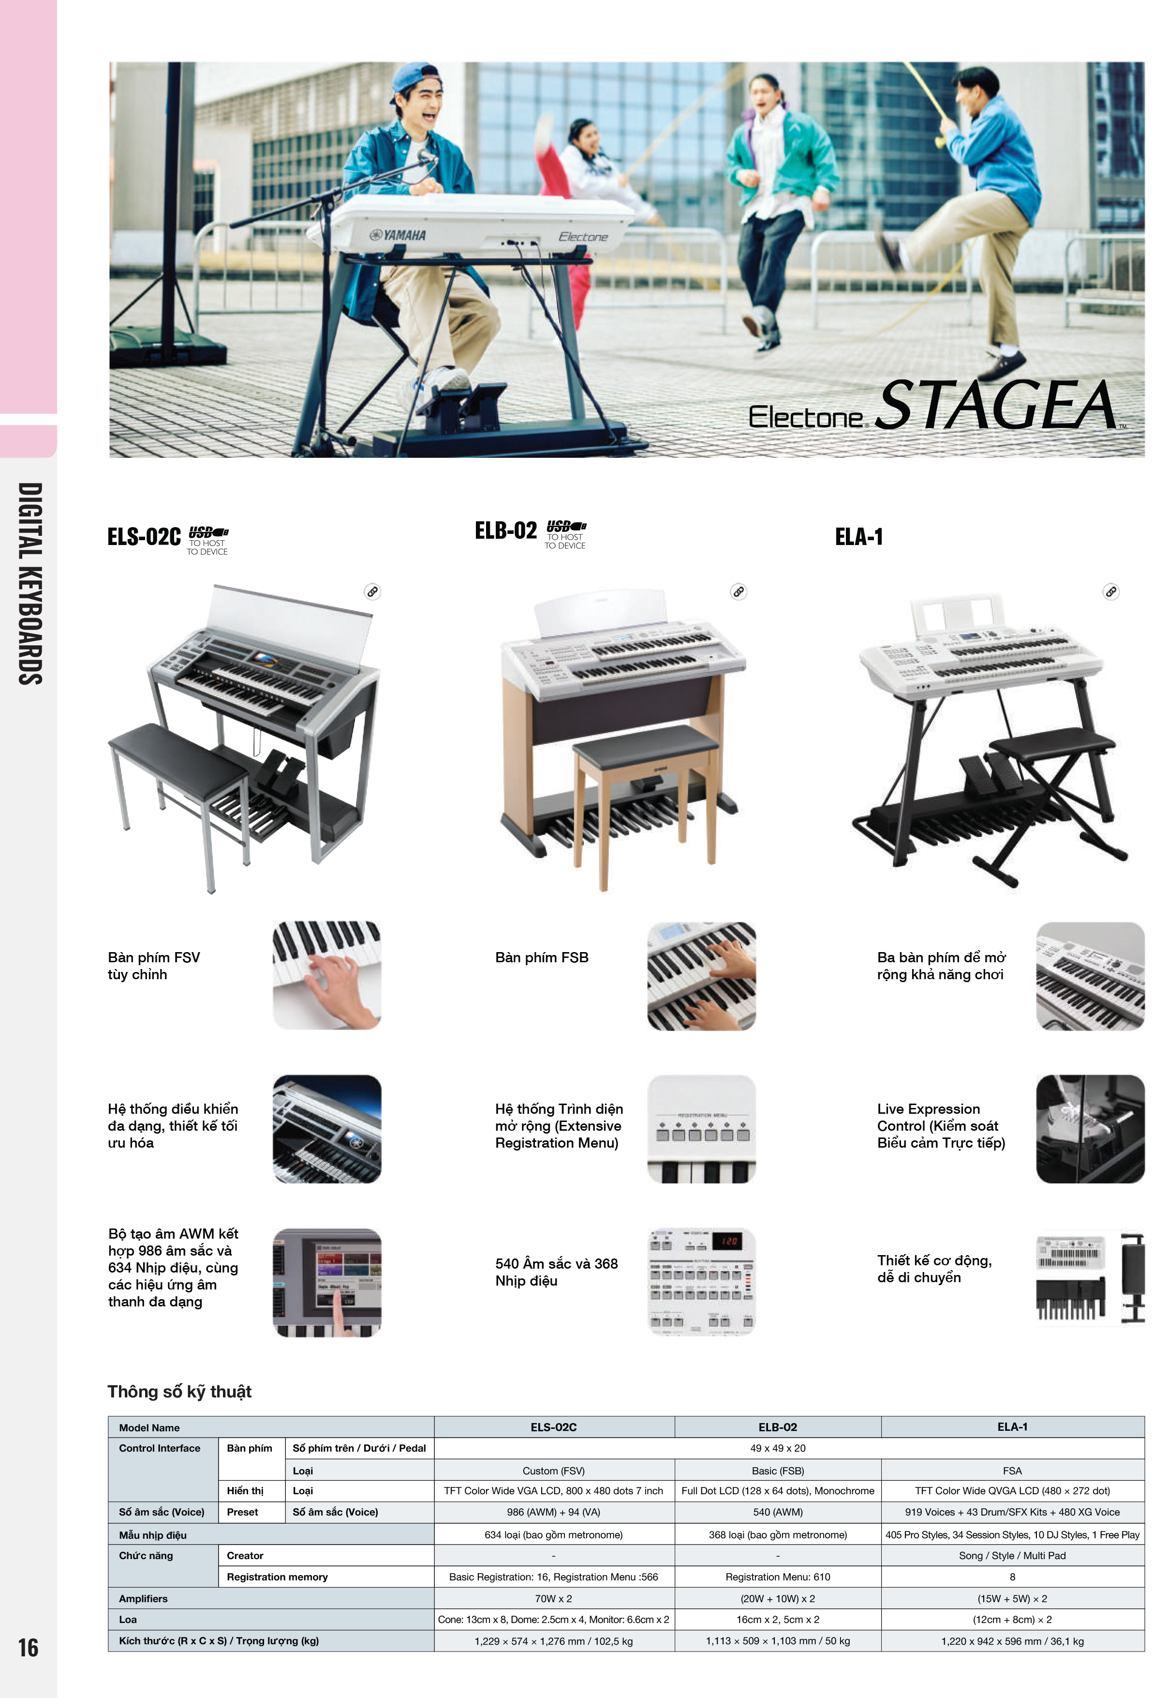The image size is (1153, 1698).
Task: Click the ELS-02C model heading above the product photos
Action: coord(144,537)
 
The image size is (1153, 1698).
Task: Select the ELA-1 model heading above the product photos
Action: coord(859,537)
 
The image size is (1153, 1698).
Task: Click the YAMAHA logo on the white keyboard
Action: coord(398,235)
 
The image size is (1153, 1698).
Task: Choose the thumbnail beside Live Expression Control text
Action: coord(1090,1129)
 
